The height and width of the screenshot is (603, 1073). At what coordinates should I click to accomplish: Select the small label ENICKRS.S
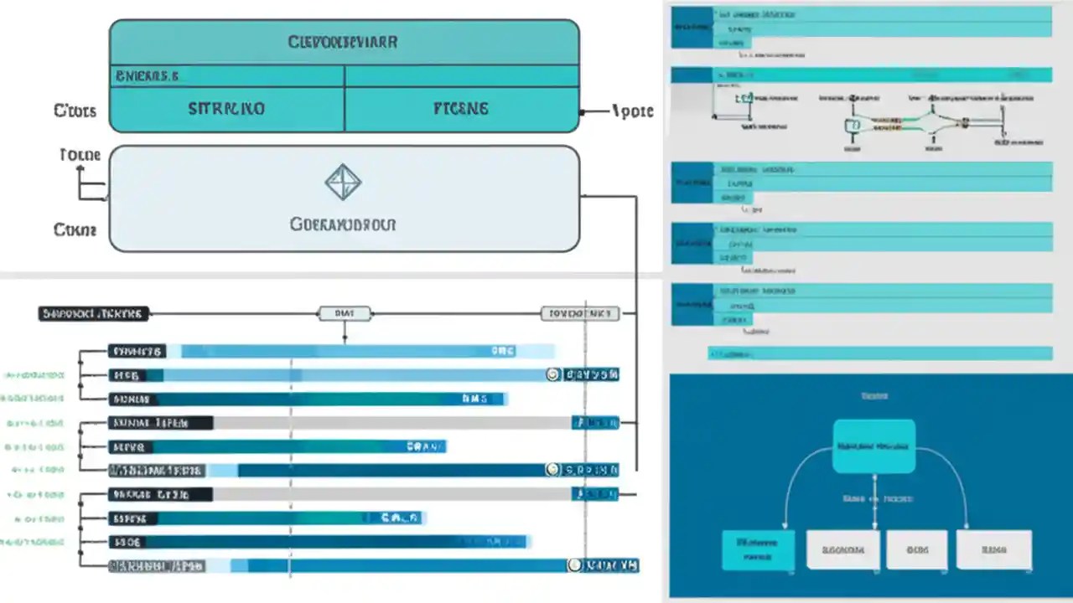click(x=148, y=76)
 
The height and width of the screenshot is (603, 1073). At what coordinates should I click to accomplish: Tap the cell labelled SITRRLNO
click(x=226, y=109)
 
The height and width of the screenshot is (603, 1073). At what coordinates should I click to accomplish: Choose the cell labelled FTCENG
click(x=460, y=109)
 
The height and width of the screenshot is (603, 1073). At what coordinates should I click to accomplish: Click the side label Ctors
click(x=75, y=111)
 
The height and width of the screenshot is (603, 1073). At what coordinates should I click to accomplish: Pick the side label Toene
click(x=80, y=155)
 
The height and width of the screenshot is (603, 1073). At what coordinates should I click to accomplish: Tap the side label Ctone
click(x=75, y=229)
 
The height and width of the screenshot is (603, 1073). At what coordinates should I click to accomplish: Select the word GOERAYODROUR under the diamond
click(x=343, y=224)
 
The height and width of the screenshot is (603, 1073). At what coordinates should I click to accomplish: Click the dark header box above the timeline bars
click(x=93, y=314)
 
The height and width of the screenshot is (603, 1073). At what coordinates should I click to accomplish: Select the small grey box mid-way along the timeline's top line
click(x=345, y=314)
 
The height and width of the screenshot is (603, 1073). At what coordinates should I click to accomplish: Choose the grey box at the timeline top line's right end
click(x=579, y=314)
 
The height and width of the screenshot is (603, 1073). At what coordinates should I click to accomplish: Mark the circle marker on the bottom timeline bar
click(x=574, y=566)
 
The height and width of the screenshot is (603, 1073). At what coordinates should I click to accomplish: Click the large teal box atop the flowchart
click(x=873, y=446)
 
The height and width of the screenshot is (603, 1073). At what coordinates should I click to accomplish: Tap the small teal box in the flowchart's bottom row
click(x=758, y=549)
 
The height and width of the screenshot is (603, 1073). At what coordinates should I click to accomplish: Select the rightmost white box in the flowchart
click(x=993, y=549)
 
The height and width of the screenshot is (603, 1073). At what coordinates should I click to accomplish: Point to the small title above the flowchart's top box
click(x=874, y=395)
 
